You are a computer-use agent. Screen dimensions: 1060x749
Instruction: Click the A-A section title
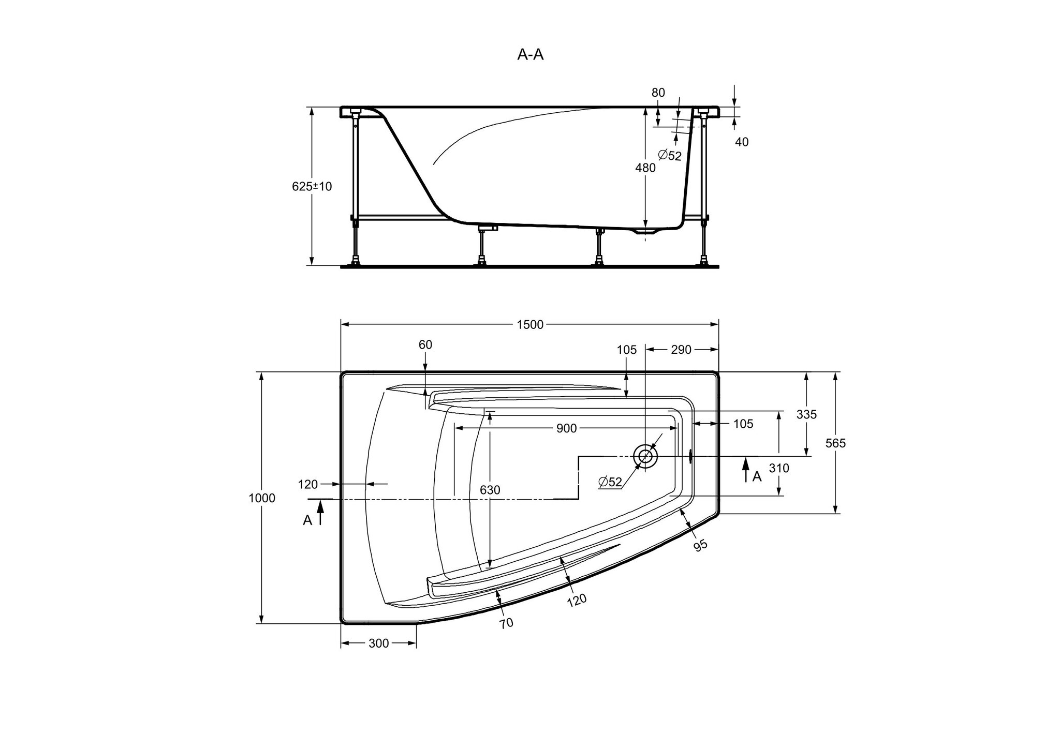531,54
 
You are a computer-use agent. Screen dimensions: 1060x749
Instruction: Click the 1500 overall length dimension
530,324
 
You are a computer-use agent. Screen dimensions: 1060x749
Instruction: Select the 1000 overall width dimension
262,498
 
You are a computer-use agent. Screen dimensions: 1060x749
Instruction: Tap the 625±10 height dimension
312,186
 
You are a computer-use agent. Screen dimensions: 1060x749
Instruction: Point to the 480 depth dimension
645,168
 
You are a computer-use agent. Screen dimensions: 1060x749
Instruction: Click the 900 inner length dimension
566,428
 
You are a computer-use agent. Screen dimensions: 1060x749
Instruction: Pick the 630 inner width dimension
490,490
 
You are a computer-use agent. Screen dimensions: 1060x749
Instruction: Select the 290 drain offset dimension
681,350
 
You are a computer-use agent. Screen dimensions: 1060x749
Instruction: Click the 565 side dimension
835,443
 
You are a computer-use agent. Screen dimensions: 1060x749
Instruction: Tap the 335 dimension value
806,414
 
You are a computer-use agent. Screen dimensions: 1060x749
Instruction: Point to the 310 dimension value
779,468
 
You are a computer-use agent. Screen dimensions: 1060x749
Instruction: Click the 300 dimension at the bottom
378,643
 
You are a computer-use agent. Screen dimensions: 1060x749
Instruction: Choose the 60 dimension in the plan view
425,344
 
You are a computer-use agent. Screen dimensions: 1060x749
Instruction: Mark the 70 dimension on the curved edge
507,623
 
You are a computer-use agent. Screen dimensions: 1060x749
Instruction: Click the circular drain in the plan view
645,456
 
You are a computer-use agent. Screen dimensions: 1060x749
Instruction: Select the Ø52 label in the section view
670,155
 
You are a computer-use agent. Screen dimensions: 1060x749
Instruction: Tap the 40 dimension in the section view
742,142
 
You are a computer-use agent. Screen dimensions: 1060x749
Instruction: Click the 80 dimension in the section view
658,93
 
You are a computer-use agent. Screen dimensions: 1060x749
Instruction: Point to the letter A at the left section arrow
307,521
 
